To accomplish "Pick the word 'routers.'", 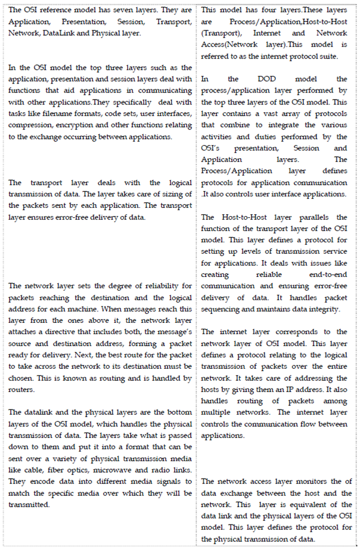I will pyautogui.click(x=22, y=388).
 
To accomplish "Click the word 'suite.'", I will pyautogui.click(x=329, y=55).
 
